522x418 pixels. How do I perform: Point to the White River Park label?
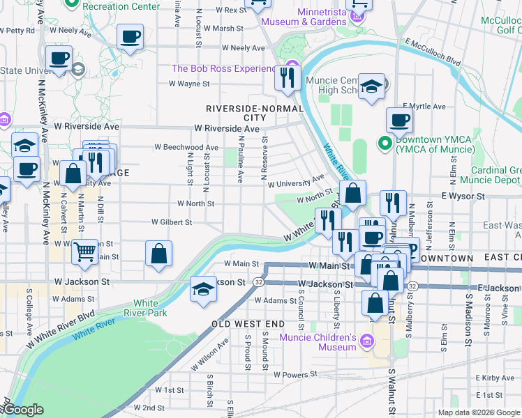145,308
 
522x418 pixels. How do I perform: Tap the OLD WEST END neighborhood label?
248,324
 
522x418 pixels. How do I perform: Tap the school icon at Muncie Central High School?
372,86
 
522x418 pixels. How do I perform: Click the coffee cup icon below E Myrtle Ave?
399,120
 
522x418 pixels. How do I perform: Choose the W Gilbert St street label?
172,222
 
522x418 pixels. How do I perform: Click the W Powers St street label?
294,374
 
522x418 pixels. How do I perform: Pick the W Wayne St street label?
189,84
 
